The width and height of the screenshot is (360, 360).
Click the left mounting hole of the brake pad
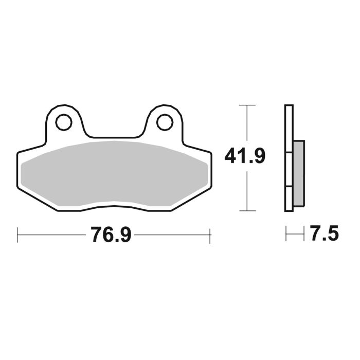(64, 122)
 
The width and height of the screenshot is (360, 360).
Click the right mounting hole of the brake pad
(164, 122)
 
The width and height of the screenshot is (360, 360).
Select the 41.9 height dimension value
(245, 155)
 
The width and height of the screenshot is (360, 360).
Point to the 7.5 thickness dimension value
(325, 235)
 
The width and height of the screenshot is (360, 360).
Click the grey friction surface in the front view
(113, 173)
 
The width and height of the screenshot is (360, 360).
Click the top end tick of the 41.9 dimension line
(247, 105)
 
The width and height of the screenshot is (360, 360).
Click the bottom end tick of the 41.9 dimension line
(247, 211)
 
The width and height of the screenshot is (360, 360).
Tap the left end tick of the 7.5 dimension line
(286, 235)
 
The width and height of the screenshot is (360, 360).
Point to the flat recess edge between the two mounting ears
(114, 137)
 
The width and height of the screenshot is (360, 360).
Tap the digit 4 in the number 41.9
(231, 155)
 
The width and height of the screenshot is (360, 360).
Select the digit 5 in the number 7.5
(332, 235)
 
